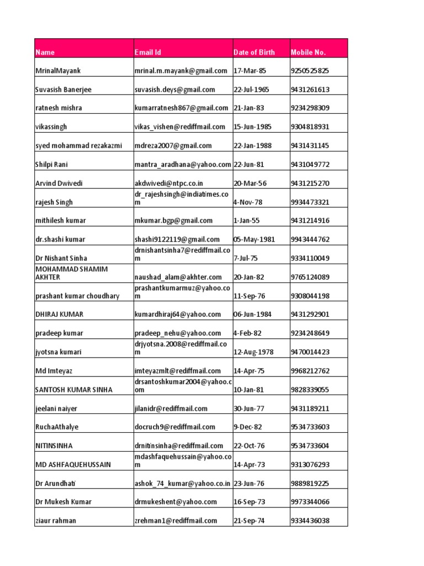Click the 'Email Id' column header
point(148,53)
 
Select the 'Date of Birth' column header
point(254,53)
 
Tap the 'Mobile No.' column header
point(308,53)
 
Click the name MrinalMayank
point(58,71)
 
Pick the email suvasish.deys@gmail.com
point(174,90)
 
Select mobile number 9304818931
point(310,127)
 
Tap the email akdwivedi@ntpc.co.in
point(169,183)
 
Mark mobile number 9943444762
point(310,239)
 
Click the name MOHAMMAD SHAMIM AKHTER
point(71,272)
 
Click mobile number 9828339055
point(310,390)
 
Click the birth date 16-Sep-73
point(250,502)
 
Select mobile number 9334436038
point(310,521)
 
